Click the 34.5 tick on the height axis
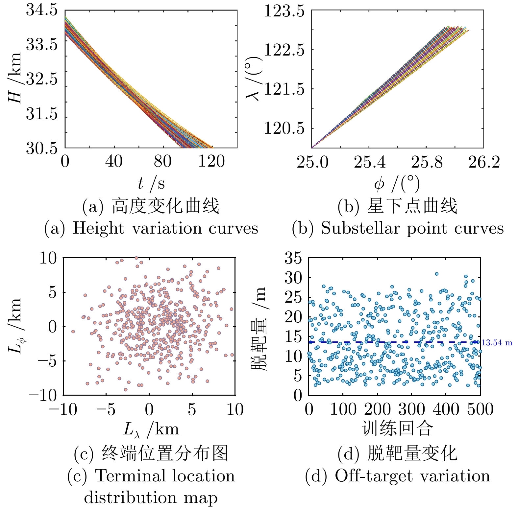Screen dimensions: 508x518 (x=42, y=11)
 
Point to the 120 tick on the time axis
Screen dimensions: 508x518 (x=211, y=162)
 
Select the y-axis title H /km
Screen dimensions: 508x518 (x=15, y=78)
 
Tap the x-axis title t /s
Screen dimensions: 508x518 (x=151, y=183)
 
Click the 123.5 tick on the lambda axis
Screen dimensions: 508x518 (x=284, y=12)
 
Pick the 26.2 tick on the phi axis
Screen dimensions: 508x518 (x=484, y=162)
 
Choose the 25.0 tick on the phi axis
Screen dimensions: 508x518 (x=312, y=162)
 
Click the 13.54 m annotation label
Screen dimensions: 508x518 (x=497, y=343)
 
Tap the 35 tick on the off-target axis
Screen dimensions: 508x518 (x=293, y=258)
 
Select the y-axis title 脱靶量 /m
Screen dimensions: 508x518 (x=260, y=329)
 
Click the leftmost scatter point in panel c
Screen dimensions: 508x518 (x=73, y=332)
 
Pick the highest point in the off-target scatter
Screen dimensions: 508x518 (x=437, y=274)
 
